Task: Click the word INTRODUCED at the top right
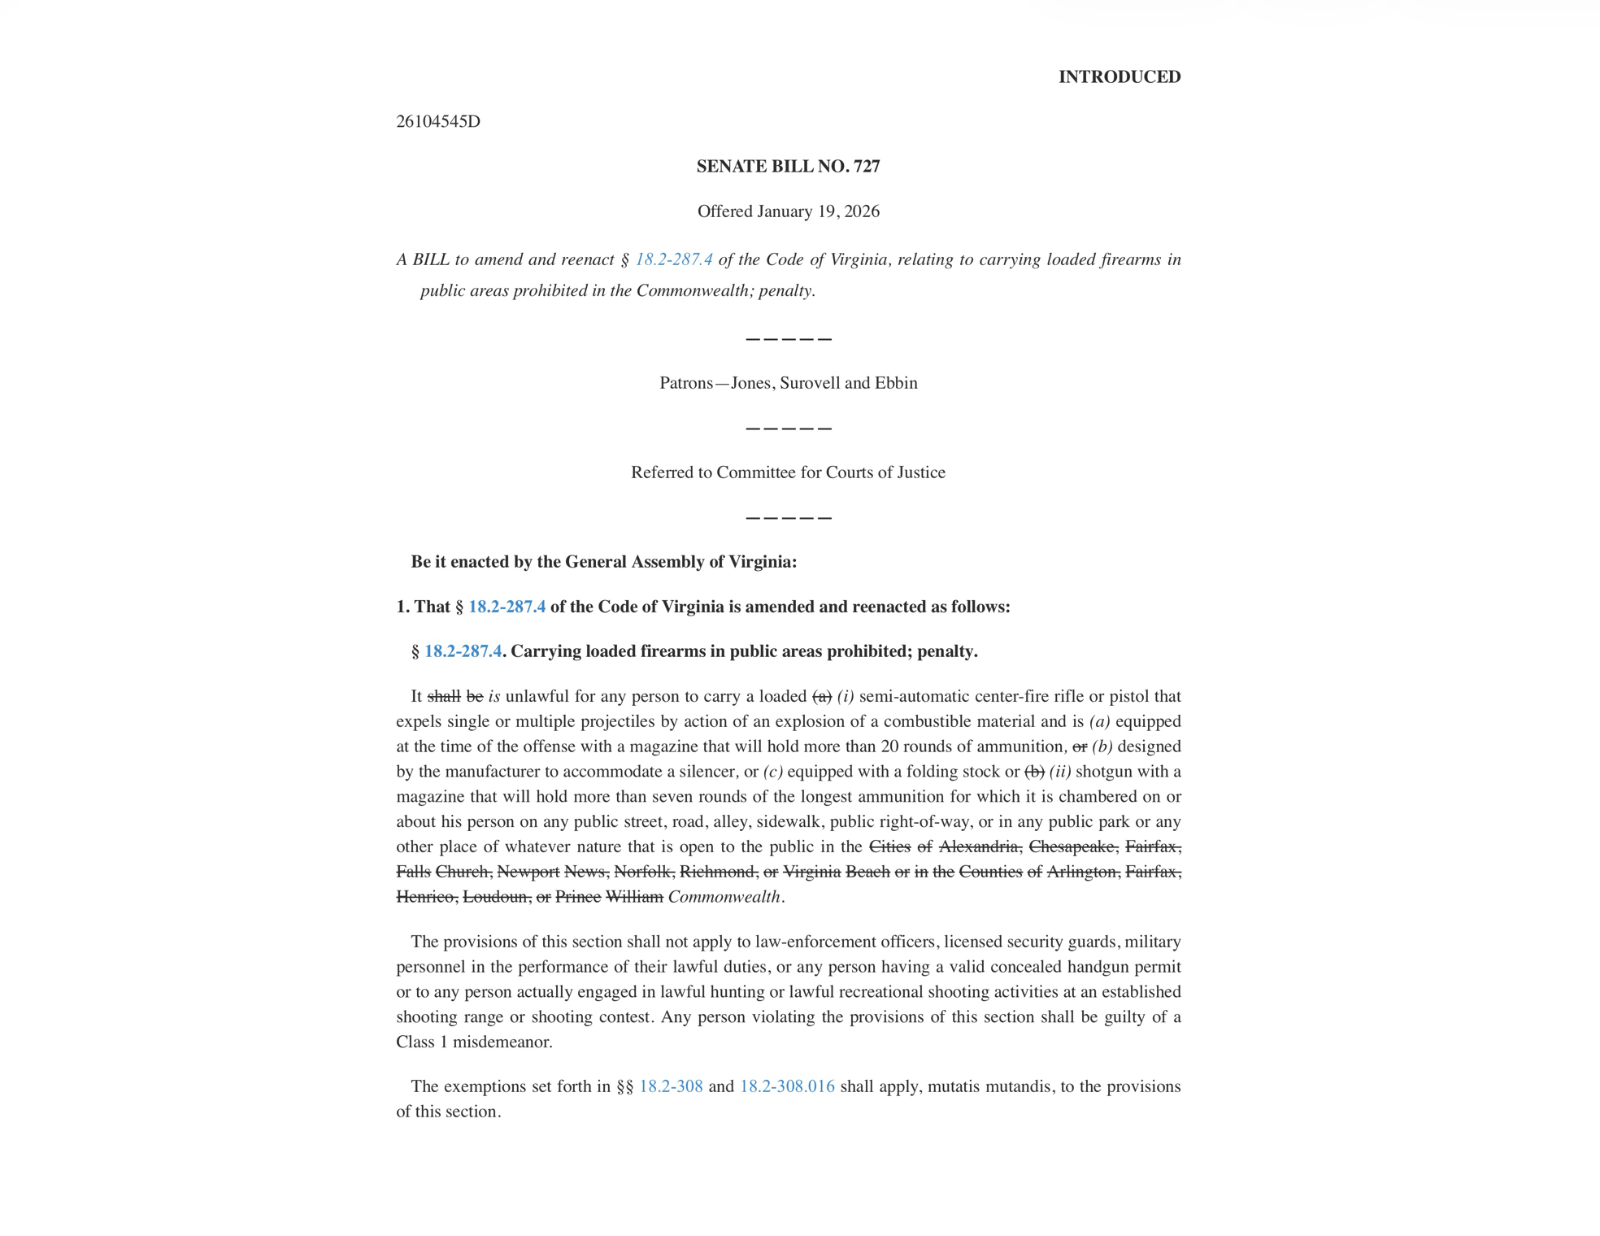[1119, 76]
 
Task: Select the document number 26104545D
[437, 121]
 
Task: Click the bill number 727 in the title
[867, 166]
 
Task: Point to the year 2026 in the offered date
[862, 211]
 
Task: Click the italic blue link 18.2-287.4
[673, 259]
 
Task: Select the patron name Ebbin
[896, 383]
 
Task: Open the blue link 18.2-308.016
[787, 1086]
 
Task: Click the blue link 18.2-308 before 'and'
[671, 1086]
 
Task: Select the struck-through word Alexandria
[980, 846]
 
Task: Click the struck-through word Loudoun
[496, 897]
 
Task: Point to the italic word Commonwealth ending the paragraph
[724, 897]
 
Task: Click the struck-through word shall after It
[444, 696]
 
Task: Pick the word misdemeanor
[502, 1042]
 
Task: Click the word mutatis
[954, 1086]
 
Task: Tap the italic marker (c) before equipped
[772, 772]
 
